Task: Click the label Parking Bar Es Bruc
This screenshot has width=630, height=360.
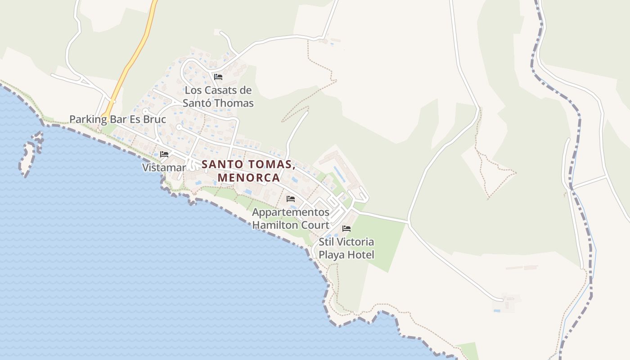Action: [117, 120]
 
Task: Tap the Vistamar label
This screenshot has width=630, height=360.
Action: [164, 168]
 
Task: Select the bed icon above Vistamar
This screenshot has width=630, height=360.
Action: [164, 154]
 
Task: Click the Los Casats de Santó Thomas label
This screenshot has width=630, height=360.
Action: [218, 97]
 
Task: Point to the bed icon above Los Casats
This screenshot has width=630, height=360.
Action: [218, 77]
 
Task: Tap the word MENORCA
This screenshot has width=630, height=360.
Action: [249, 178]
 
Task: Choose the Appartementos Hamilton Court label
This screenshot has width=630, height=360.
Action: [291, 218]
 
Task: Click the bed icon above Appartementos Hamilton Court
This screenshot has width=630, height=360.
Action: [291, 198]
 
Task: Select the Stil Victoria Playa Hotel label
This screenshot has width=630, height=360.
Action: [346, 248]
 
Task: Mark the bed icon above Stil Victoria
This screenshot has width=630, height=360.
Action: [346, 229]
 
